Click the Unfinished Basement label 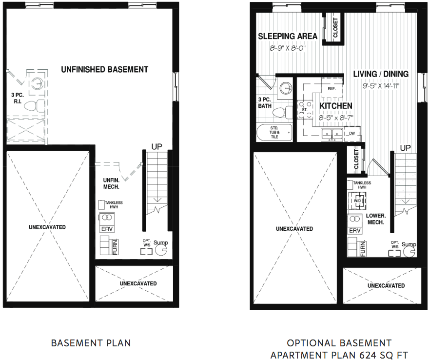(x=104, y=70)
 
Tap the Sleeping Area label (x=288, y=36)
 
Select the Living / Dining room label (x=381, y=74)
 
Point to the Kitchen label (x=336, y=106)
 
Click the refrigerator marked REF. (x=332, y=88)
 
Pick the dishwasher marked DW (x=352, y=134)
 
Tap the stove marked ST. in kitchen (x=305, y=109)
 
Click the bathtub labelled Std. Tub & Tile (x=274, y=133)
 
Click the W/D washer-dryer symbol (x=357, y=200)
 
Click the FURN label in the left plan (x=115, y=247)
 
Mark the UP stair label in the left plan (x=157, y=147)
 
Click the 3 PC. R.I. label (x=18, y=99)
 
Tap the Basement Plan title (x=91, y=343)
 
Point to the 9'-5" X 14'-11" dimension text (x=381, y=86)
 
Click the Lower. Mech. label (x=376, y=219)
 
